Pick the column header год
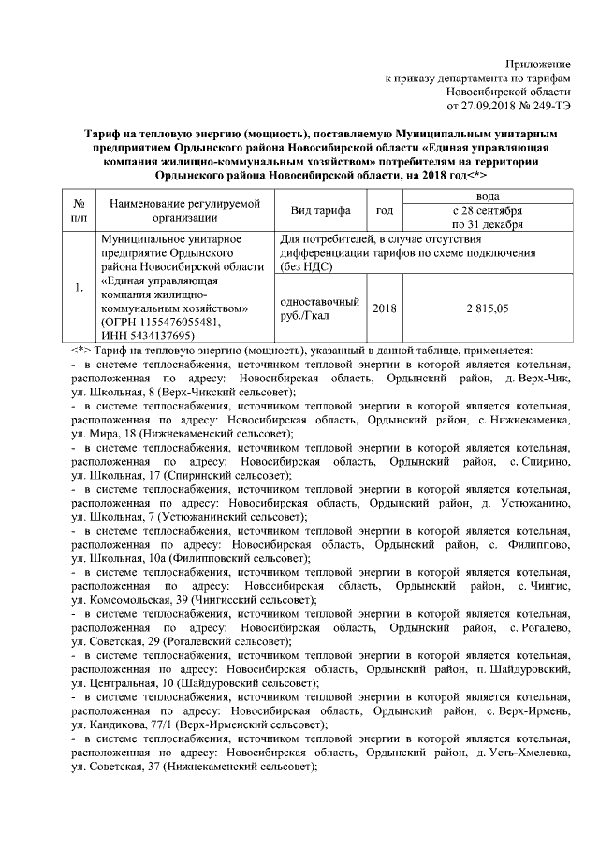tap(384, 211)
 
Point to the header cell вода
tap(489, 197)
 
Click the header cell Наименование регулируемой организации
tap(183, 211)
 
